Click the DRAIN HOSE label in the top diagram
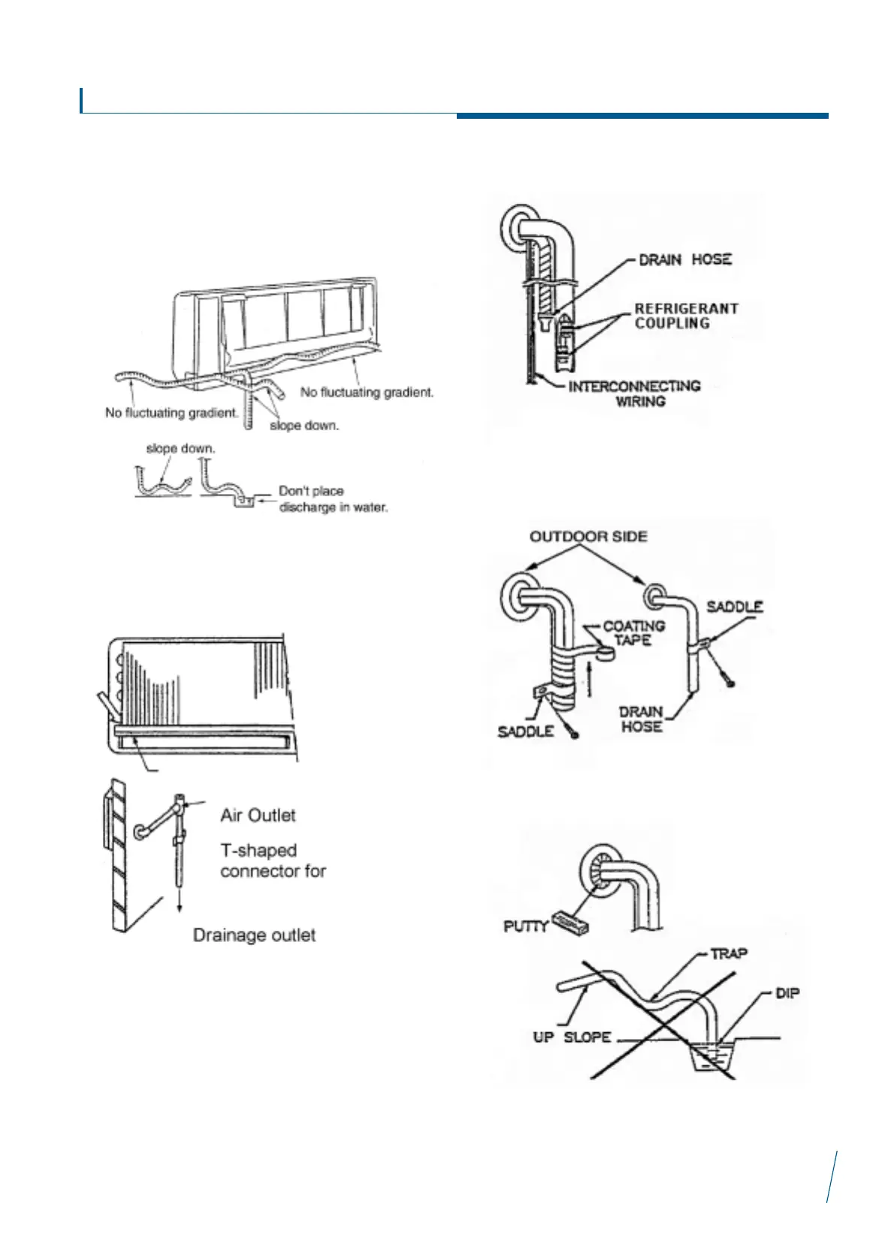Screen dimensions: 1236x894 pyautogui.click(x=684, y=259)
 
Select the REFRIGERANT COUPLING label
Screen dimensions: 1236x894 pyautogui.click(x=686, y=316)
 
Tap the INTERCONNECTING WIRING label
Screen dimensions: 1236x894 pyautogui.click(x=634, y=393)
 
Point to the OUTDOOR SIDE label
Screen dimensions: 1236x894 pyautogui.click(x=588, y=536)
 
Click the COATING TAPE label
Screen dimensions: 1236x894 pyautogui.click(x=634, y=632)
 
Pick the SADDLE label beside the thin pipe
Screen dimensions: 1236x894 pyautogui.click(x=735, y=606)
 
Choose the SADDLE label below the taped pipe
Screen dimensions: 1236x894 pyautogui.click(x=525, y=731)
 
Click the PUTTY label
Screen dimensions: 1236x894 pyautogui.click(x=525, y=926)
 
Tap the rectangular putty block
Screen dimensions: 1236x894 pyautogui.click(x=569, y=922)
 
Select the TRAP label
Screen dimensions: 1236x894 pyautogui.click(x=728, y=953)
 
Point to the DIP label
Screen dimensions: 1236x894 pyautogui.click(x=787, y=993)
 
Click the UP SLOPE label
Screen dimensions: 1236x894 pyautogui.click(x=572, y=1037)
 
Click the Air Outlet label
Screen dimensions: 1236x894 pyautogui.click(x=258, y=815)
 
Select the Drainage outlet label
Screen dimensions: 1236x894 pyautogui.click(x=254, y=935)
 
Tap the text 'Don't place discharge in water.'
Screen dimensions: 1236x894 pyautogui.click(x=333, y=499)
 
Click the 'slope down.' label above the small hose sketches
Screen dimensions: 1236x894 pyautogui.click(x=180, y=449)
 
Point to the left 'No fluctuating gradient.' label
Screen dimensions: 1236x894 pyautogui.click(x=171, y=413)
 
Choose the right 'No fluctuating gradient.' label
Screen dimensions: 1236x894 pyautogui.click(x=367, y=392)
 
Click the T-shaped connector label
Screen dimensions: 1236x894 pyautogui.click(x=273, y=861)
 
